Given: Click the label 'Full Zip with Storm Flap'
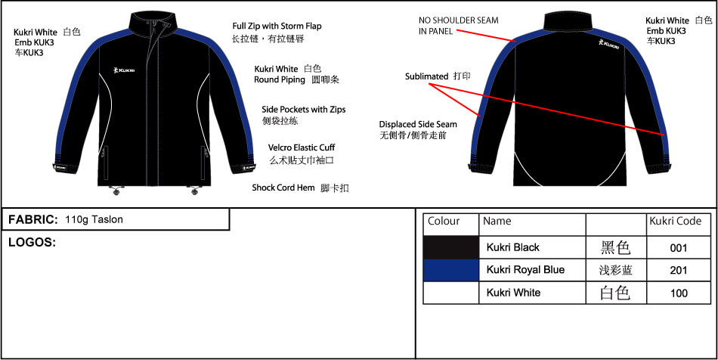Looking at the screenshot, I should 277,26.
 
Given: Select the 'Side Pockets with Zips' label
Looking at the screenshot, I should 303,110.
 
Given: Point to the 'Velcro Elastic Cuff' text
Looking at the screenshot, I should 302,147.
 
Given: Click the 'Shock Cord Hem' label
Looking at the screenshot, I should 283,188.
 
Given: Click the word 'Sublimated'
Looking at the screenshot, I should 426,77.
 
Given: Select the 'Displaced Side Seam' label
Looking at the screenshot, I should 417,125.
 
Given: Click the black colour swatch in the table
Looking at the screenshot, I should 450,247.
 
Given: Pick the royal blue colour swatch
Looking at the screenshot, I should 450,270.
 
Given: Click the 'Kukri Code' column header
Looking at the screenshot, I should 675,222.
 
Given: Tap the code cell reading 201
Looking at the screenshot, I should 679,270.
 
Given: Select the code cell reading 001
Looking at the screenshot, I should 679,247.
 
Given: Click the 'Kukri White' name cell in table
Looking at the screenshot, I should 513,293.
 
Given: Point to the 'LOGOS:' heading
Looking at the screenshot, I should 32,243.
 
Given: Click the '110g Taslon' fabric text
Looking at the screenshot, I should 94,220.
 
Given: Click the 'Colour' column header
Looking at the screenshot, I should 444,222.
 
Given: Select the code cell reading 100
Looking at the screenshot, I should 679,293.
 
